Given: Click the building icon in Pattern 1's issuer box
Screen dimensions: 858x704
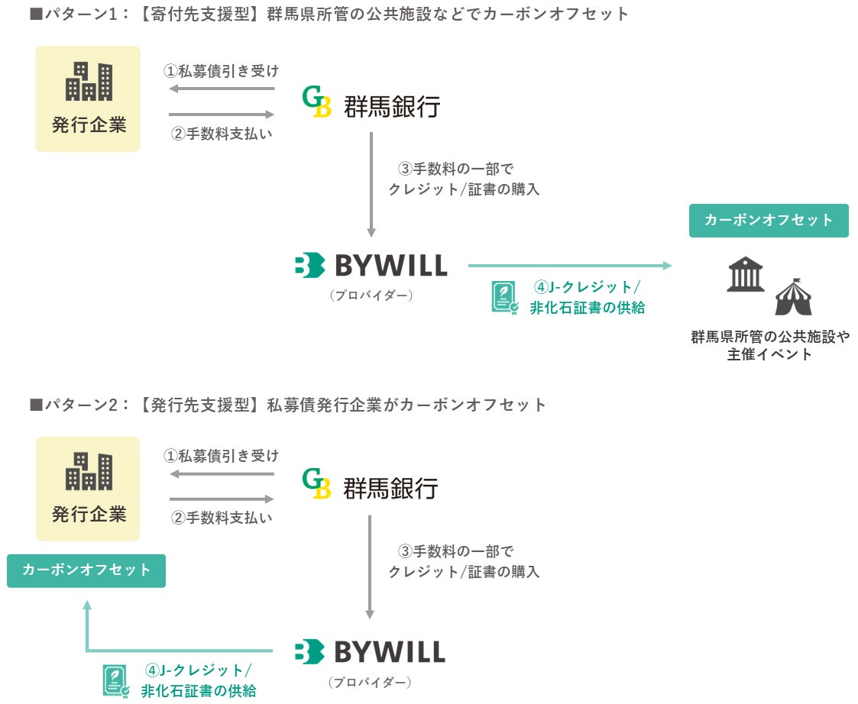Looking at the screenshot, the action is pos(89,82).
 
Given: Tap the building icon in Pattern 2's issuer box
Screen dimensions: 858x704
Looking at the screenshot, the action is pos(89,471).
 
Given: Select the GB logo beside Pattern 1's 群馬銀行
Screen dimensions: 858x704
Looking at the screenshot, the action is pos(316,102).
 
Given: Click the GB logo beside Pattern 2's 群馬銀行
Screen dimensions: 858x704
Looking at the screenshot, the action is pos(316,483).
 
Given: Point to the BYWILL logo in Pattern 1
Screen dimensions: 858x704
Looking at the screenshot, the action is pos(371,266).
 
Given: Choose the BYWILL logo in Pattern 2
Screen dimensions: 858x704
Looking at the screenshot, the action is pos(370,652).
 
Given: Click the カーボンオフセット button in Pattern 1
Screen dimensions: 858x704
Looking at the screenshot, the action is pos(769,220).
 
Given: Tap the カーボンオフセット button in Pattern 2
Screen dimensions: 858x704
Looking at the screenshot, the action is pos(86,570).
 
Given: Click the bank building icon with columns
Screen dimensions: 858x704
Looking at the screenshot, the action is pos(745,274).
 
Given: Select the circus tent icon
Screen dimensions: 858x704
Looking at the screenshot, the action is pos(793,297).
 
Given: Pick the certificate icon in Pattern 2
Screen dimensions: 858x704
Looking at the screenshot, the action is pos(116,681).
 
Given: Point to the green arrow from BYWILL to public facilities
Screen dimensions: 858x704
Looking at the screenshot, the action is pos(569,266).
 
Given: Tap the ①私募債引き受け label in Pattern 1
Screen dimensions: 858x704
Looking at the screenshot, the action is pos(221,72).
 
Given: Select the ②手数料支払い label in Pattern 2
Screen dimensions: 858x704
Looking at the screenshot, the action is pos(221,518).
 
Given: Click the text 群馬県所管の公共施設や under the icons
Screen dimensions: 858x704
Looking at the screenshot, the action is pos(769,337).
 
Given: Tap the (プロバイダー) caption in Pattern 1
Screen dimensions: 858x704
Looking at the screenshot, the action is pos(371,295).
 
